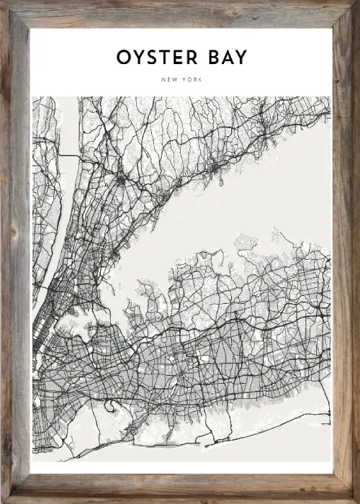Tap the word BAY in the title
221,58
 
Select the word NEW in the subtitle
171,79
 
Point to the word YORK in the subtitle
191,79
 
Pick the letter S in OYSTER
152,58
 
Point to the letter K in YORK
199,79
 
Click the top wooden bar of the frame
180,14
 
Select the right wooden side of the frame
345,252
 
